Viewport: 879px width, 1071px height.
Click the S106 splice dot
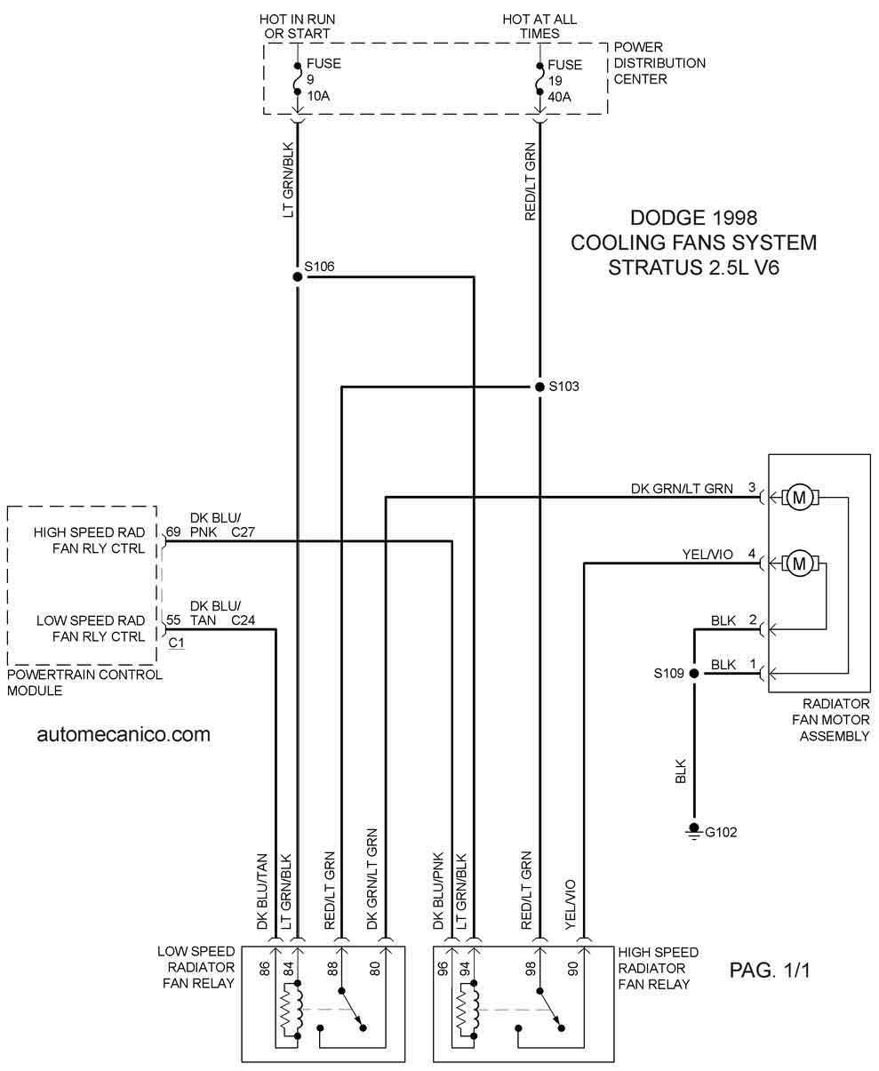pos(298,276)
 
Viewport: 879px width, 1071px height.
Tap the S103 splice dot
pos(539,387)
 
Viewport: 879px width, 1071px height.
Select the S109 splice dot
pos(695,674)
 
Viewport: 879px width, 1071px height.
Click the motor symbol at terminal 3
pos(799,498)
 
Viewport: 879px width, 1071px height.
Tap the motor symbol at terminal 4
pos(799,563)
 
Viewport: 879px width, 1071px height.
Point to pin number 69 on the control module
pos(173,532)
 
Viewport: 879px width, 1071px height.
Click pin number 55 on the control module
pos(173,620)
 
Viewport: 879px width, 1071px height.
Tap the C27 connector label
pos(244,532)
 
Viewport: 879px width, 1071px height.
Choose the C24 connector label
pos(244,620)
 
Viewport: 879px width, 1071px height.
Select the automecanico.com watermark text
pos(124,734)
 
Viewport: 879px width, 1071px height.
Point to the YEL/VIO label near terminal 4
pos(707,555)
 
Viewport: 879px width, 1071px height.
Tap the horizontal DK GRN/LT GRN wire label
pos(682,488)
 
